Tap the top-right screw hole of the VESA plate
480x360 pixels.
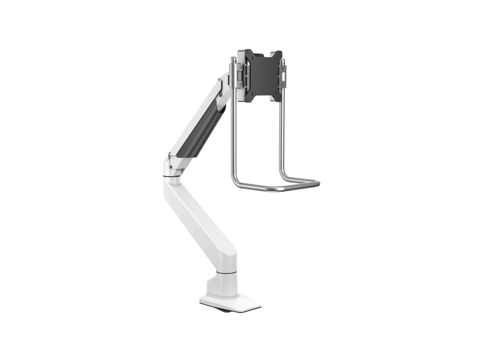tap(277, 55)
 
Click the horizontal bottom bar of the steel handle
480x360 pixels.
tap(276, 187)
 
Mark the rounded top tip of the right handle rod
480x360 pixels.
tap(283, 61)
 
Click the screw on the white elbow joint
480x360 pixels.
tap(171, 167)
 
